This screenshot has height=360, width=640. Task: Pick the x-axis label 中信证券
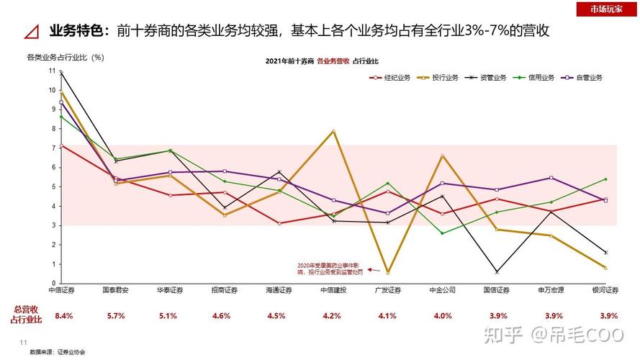pyautogui.click(x=61, y=290)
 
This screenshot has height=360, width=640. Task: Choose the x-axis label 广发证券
pyautogui.click(x=387, y=290)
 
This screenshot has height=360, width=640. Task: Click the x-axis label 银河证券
pyautogui.click(x=605, y=290)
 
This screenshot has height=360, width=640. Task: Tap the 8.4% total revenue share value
pyautogui.click(x=64, y=315)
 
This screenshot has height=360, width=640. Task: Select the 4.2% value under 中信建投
pyautogui.click(x=332, y=315)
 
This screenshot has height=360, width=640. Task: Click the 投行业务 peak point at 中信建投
pyautogui.click(x=333, y=130)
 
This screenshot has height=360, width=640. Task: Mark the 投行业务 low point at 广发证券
pyautogui.click(x=388, y=272)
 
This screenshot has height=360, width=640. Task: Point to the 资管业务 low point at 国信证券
pyautogui.click(x=497, y=271)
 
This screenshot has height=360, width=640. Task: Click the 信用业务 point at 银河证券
pyautogui.click(x=605, y=179)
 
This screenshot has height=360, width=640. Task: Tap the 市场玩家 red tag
pyautogui.click(x=606, y=9)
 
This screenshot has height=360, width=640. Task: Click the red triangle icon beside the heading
pyautogui.click(x=32, y=32)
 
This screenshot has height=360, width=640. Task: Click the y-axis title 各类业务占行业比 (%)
pyautogui.click(x=65, y=56)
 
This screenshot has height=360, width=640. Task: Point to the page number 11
pyautogui.click(x=22, y=342)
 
